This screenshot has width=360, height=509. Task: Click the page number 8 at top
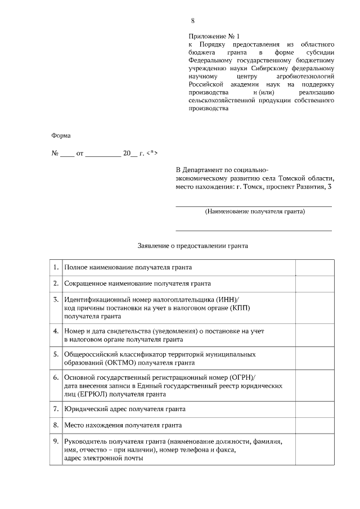click(193, 21)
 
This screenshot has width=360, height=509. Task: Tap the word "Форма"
click(61, 135)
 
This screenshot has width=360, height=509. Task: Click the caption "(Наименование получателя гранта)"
click(255, 212)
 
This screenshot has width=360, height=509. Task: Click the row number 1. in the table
click(56, 267)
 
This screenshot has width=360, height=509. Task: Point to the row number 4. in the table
click(56, 331)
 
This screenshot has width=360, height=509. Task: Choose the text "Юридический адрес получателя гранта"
click(125, 409)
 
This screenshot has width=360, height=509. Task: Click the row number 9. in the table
click(56, 442)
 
